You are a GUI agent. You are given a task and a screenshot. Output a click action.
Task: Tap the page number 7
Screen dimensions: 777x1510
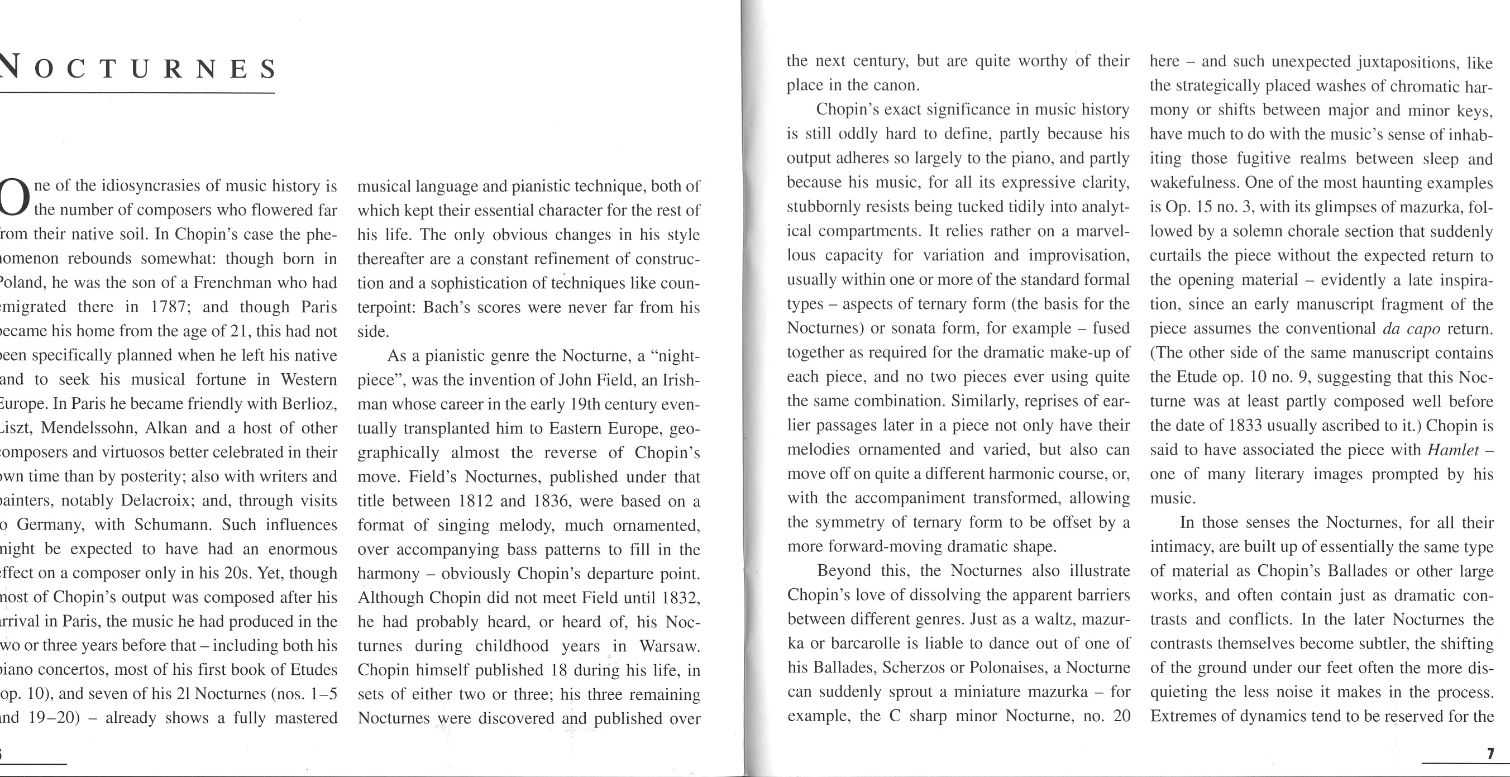(1489, 754)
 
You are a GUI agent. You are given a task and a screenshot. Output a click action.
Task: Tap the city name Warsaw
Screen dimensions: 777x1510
(670, 646)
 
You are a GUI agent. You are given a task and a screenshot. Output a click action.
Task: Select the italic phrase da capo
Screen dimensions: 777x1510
(1411, 328)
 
